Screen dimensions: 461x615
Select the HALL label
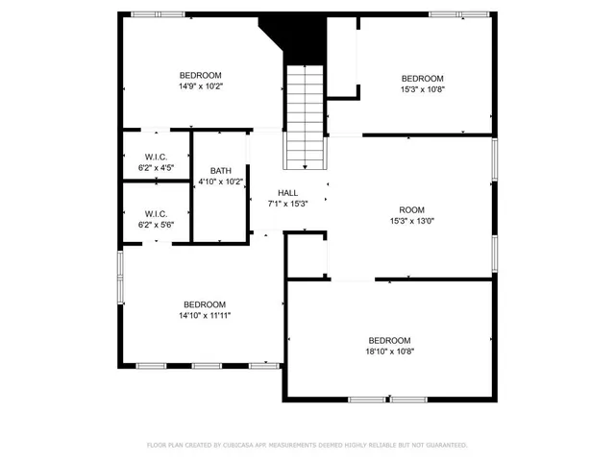coord(287,193)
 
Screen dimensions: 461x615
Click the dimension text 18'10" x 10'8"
coord(389,352)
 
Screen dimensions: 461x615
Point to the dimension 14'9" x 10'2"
coord(200,86)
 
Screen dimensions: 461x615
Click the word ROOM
coord(411,209)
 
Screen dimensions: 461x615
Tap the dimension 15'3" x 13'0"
coord(411,220)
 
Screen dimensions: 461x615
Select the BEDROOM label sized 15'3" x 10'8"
coord(422,79)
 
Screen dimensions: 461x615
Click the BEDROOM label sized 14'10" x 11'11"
coord(204,304)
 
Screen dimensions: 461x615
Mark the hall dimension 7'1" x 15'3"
coord(287,204)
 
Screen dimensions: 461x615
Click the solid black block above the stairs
coord(306,36)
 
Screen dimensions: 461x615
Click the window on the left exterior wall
coord(119,279)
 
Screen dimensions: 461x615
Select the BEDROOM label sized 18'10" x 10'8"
coord(389,340)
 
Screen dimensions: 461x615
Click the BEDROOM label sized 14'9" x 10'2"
coord(200,75)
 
